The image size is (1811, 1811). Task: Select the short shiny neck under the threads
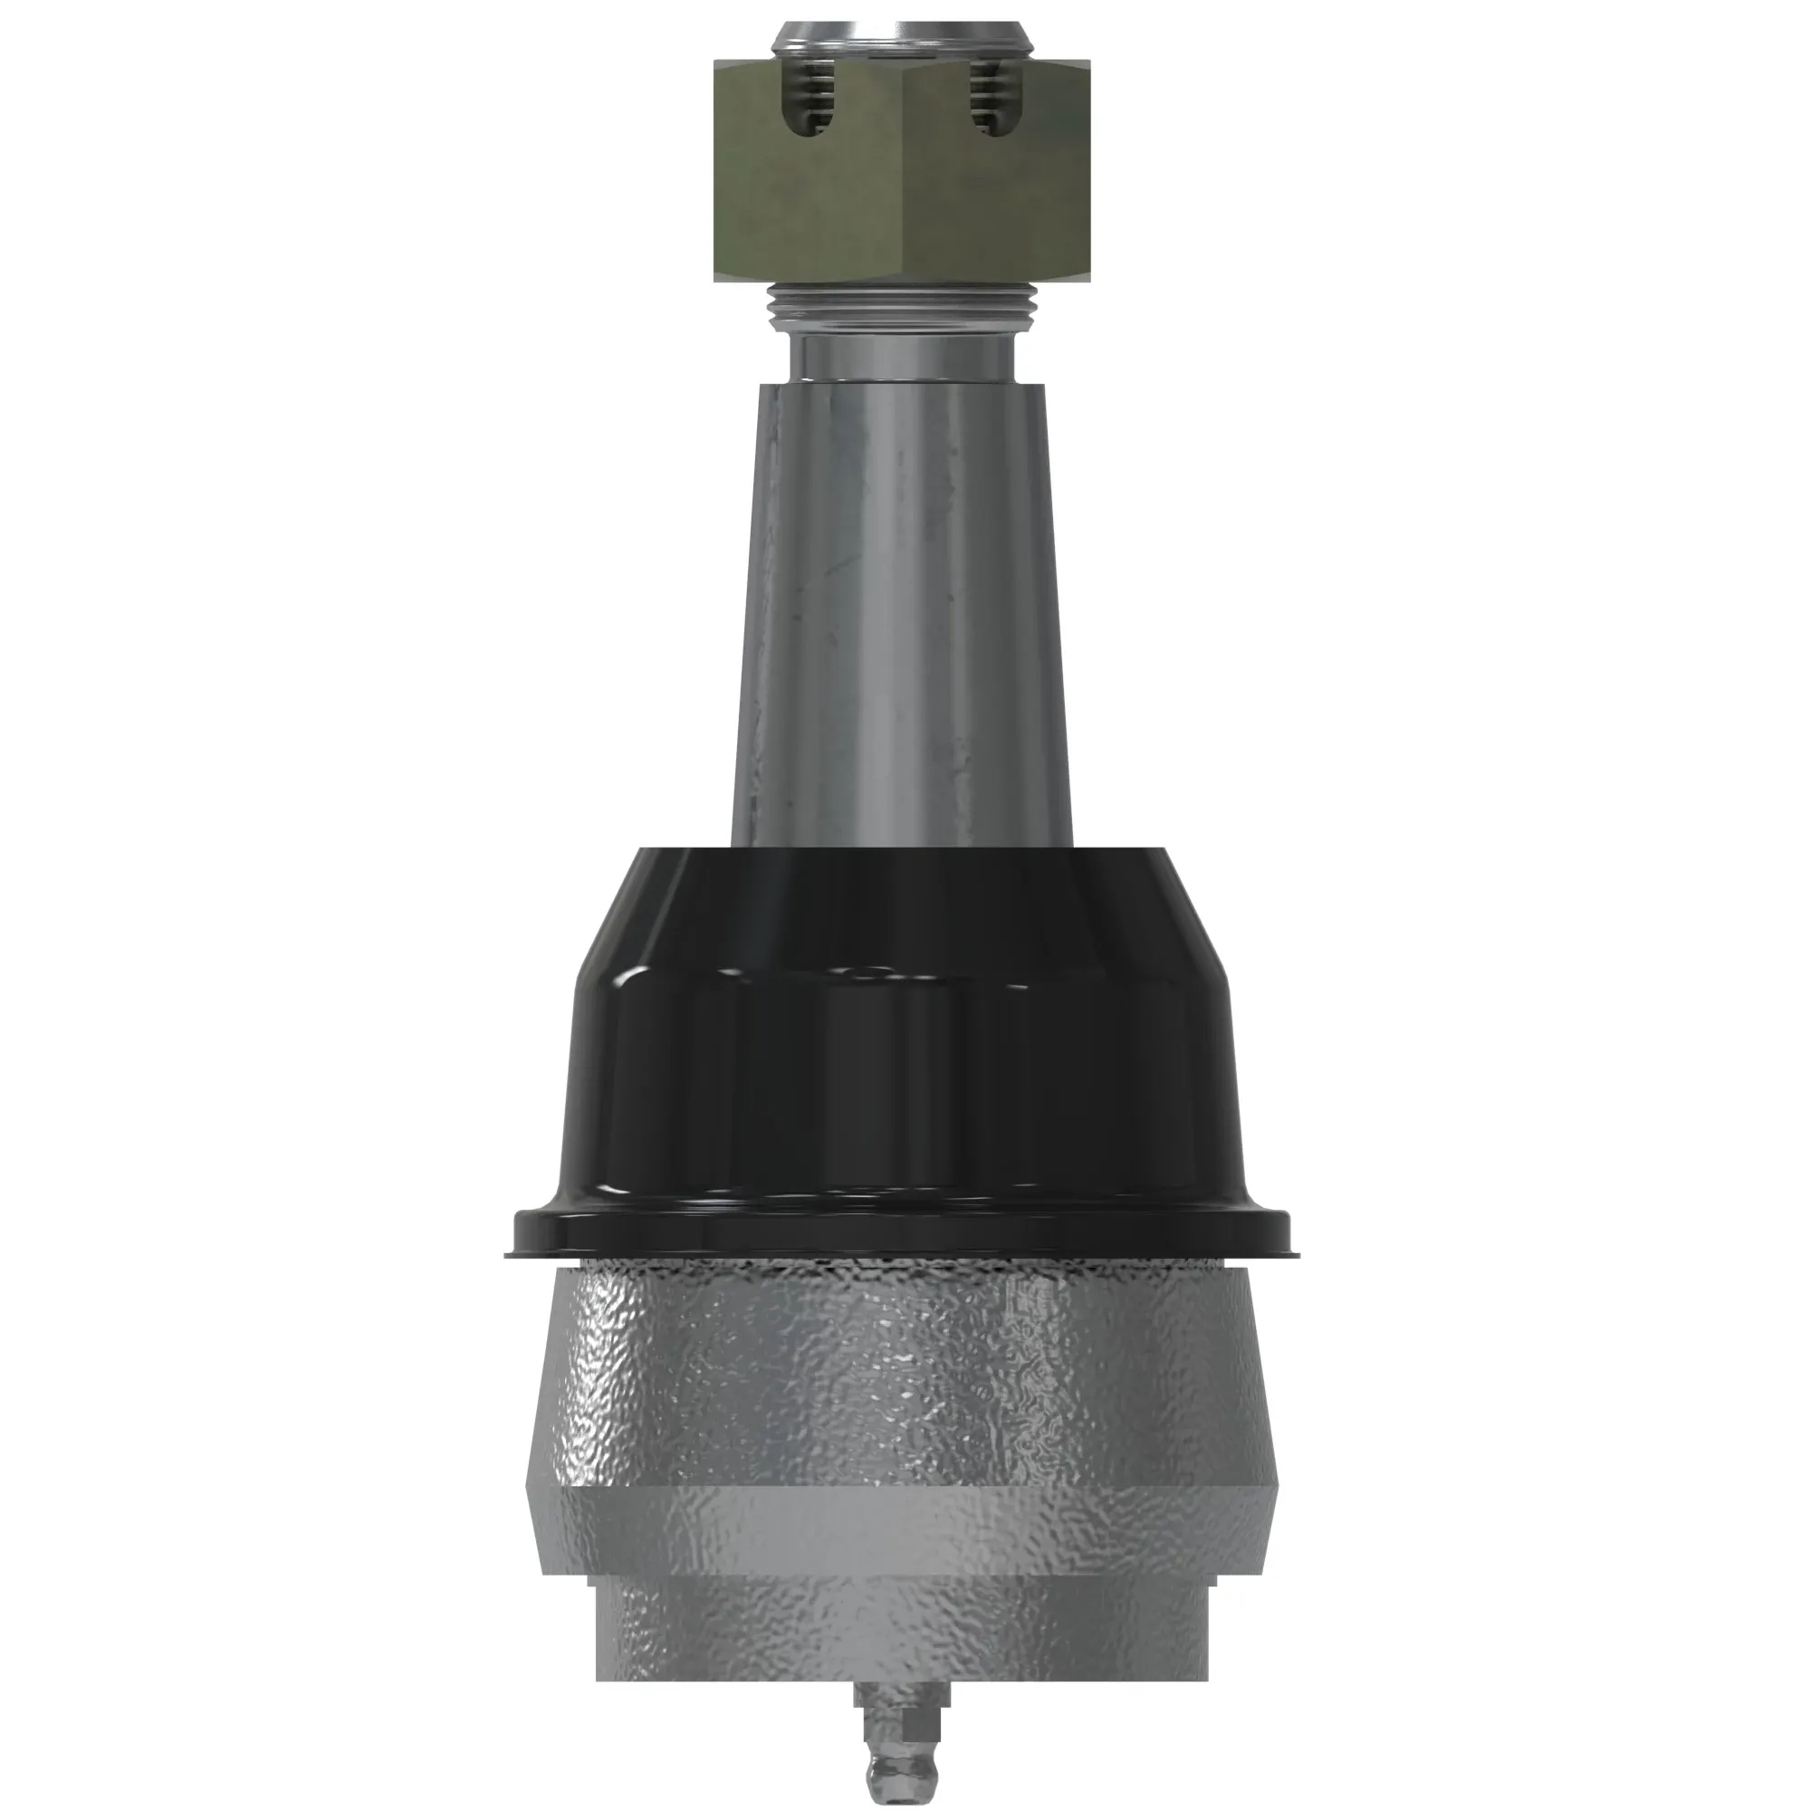[x=902, y=356]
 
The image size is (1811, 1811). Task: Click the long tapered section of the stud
[x=902, y=609]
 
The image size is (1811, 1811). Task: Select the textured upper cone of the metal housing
[x=902, y=1368]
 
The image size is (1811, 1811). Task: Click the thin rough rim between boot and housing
[x=902, y=1266]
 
